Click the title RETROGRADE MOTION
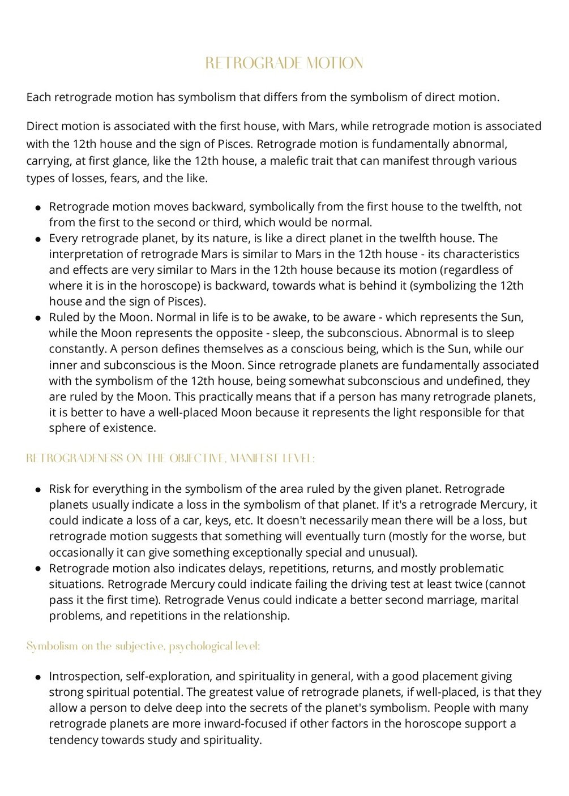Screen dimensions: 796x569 (x=284, y=63)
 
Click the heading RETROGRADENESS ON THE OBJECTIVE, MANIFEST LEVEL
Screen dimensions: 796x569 (x=170, y=459)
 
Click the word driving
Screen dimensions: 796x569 (x=366, y=584)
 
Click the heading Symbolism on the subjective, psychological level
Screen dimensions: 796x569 (x=143, y=646)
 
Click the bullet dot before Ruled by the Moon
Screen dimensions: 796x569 (x=38, y=318)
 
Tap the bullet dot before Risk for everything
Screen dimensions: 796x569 (x=38, y=489)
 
